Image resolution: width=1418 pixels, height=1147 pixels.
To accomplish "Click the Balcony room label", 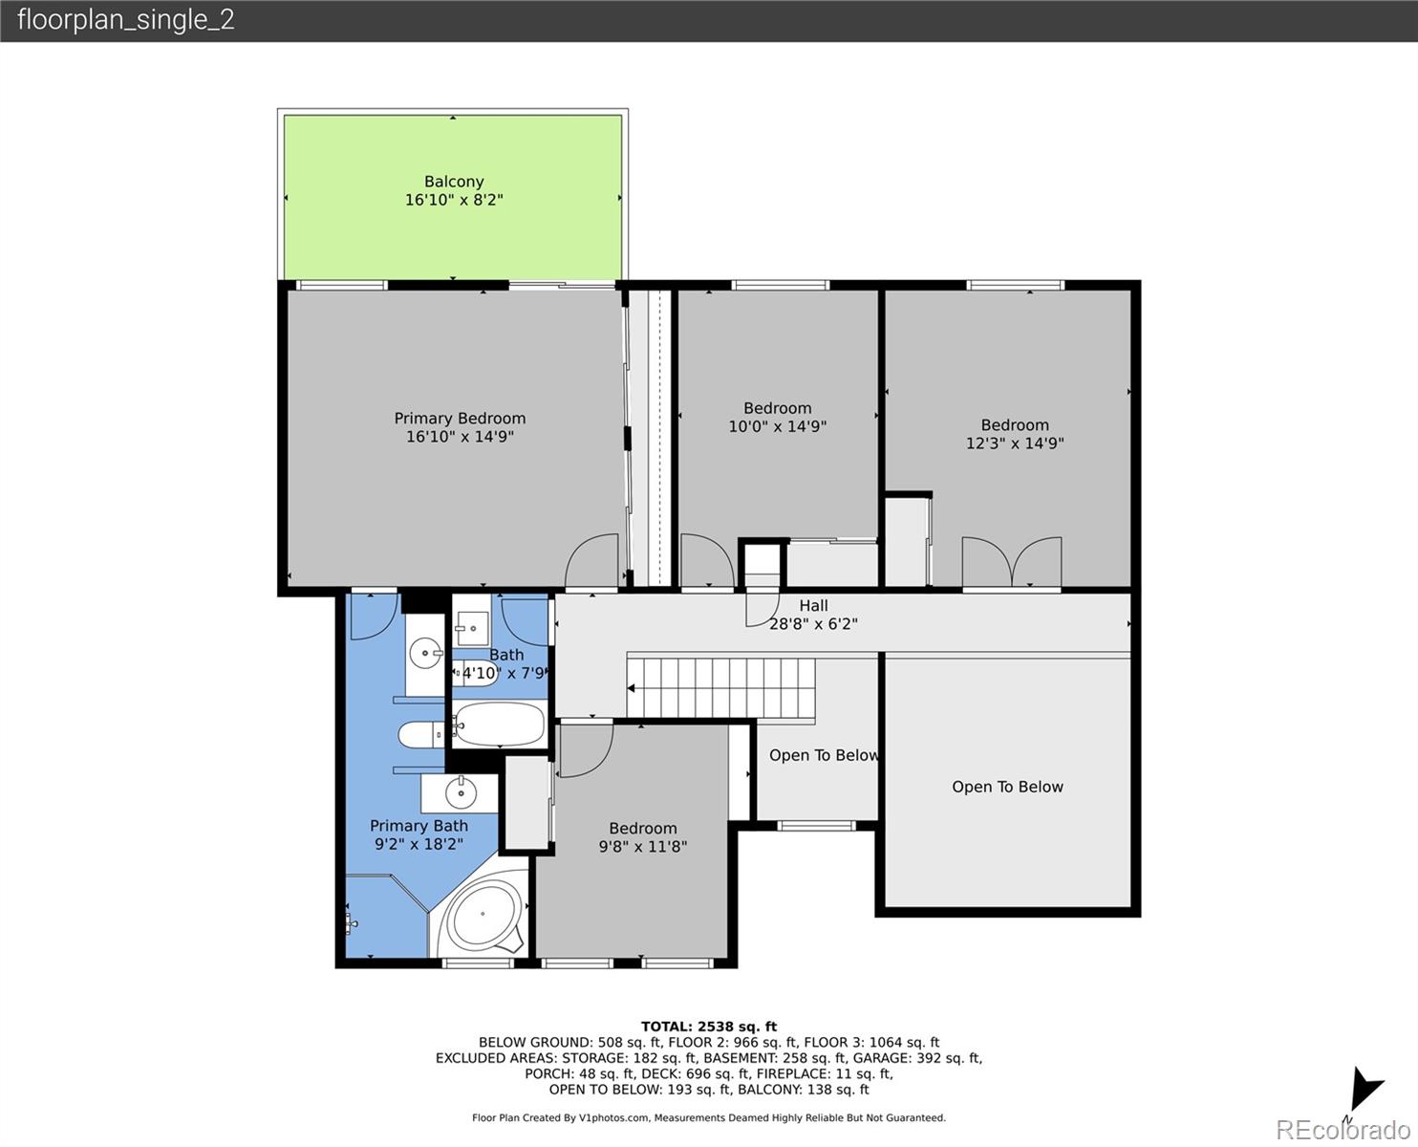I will (x=454, y=182).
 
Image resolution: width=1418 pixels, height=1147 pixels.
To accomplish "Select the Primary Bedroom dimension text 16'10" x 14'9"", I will (x=460, y=437).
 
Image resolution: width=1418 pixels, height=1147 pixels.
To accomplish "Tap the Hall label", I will (x=813, y=605).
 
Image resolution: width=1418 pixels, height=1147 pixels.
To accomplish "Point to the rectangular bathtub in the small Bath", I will (x=498, y=725).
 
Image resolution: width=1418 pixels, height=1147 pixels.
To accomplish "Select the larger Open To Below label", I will (x=1007, y=787).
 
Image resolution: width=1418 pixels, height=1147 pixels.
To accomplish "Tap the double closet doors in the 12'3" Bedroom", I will (x=1011, y=563).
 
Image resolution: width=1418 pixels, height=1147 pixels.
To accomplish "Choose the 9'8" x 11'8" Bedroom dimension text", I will (x=643, y=846).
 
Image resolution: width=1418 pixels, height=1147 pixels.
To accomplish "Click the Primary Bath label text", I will (x=419, y=826).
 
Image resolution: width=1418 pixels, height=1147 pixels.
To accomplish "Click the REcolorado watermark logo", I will (x=1343, y=1129).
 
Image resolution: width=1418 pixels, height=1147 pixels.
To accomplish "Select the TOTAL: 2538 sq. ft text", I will (x=709, y=1027).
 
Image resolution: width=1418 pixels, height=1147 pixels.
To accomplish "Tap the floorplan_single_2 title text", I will (x=125, y=20).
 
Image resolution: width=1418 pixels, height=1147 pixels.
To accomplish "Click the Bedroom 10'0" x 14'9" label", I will (x=778, y=408).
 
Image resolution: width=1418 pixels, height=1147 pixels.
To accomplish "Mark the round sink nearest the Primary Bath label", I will (x=462, y=792).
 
